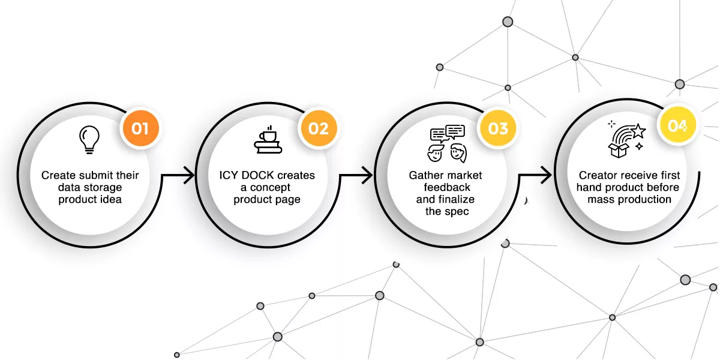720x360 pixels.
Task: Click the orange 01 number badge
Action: (140, 127)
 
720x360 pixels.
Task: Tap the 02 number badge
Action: (319, 128)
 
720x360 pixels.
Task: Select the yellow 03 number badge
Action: (498, 128)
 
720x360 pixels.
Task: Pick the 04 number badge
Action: (677, 126)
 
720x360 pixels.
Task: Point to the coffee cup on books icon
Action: (268, 140)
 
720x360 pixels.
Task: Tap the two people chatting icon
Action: (447, 144)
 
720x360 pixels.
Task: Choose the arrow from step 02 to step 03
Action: (358, 176)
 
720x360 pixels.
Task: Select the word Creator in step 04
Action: (598, 175)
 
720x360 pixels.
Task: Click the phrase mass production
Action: (629, 199)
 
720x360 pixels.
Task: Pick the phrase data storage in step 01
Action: (90, 187)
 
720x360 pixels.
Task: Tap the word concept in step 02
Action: (270, 187)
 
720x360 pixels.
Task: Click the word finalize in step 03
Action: (454, 199)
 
